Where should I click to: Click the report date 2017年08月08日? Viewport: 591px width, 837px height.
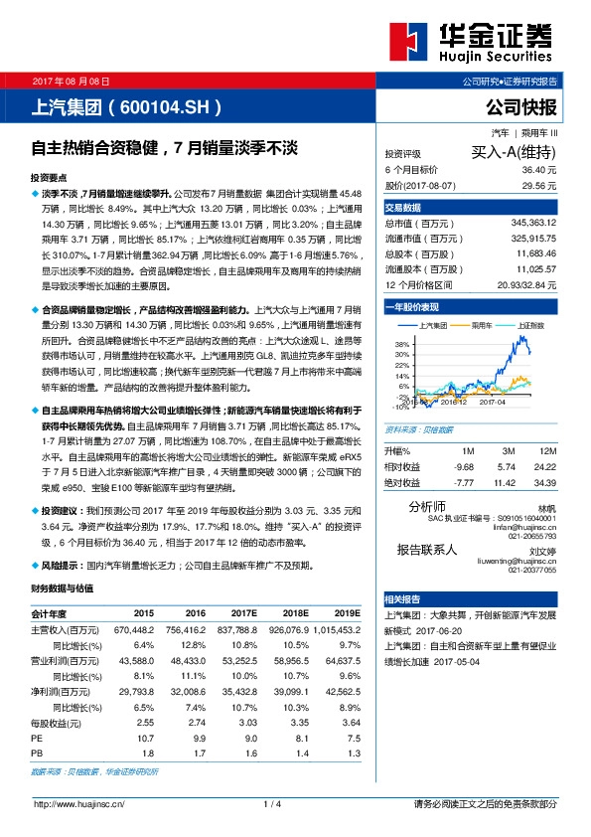click(x=71, y=81)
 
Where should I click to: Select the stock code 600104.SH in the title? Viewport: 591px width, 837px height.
click(x=163, y=106)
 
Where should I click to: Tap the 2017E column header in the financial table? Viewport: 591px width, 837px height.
click(x=241, y=614)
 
